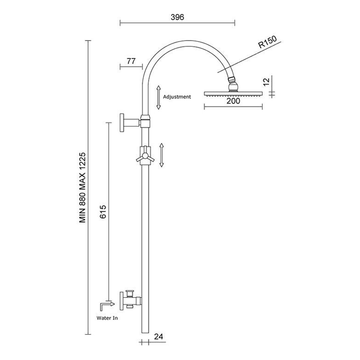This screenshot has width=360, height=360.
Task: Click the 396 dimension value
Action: pos(177,17)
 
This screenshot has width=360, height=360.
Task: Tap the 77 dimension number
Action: pos(131,61)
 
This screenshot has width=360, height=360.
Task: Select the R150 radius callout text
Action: pos(267,42)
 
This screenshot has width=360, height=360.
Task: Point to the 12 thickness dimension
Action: pos(266,82)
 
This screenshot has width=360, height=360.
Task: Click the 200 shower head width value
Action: pos(233,101)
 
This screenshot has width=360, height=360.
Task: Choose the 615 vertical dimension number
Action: pos(103,212)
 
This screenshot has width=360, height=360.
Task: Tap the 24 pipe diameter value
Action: pos(158,336)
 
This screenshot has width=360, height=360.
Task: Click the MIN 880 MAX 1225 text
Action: pos(82,187)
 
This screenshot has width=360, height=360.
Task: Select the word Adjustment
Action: pos(177,97)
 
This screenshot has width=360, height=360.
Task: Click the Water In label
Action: pos(107,318)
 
